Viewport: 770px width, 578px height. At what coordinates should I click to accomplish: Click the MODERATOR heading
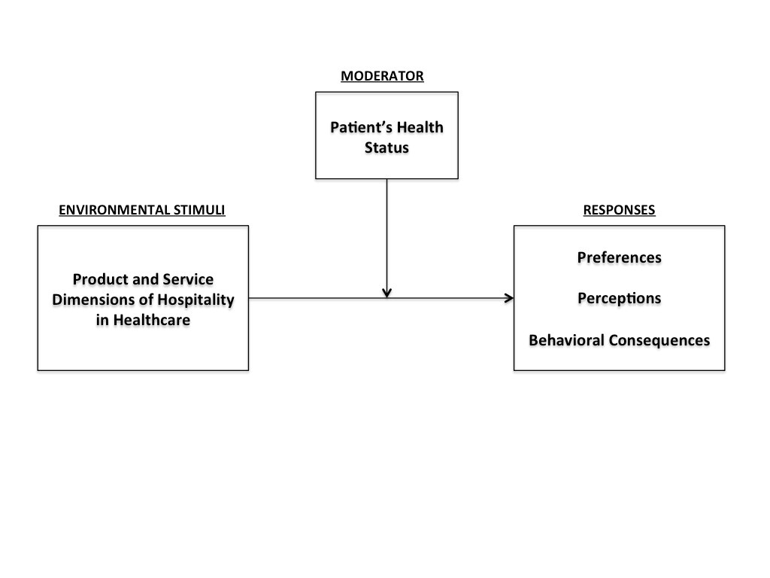coord(382,76)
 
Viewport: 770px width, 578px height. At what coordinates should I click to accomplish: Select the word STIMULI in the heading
coord(199,210)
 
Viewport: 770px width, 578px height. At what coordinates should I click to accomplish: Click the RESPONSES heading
coord(619,210)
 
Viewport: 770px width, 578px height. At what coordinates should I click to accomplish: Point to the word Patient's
coord(362,127)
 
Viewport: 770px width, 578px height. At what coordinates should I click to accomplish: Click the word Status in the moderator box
coord(387,148)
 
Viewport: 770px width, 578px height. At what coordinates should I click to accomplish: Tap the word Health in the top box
coord(420,127)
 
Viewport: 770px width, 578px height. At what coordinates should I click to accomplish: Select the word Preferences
coord(620,257)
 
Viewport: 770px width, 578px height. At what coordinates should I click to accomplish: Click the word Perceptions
coord(620,298)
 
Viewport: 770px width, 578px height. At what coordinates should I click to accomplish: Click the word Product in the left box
coord(100,279)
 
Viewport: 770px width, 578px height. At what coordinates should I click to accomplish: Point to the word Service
coord(188,279)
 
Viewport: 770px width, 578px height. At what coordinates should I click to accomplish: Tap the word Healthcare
coord(152,320)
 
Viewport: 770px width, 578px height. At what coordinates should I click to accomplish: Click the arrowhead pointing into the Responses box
coord(509,298)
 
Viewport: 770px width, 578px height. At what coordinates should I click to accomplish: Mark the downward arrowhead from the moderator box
coord(387,294)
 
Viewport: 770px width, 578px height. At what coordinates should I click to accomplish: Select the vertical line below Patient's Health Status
coord(387,239)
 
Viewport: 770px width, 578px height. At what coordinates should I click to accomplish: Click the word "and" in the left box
coord(144,279)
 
